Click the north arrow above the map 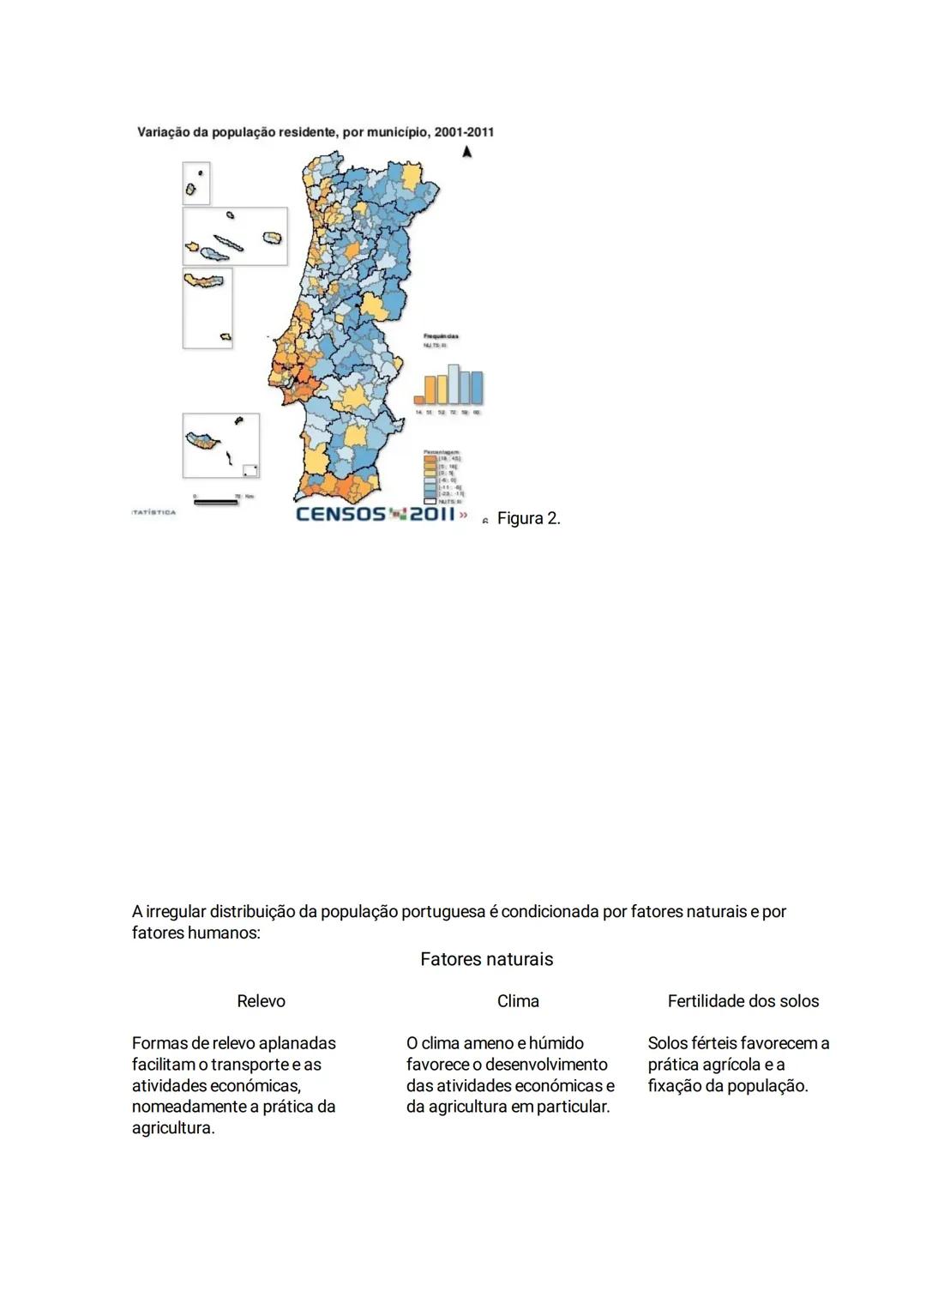pos(466,152)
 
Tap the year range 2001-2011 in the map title pos(464,132)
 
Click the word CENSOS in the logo pos(340,514)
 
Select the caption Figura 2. pos(528,518)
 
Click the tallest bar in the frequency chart pos(454,384)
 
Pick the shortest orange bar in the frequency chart pos(419,399)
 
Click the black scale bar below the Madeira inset pos(216,503)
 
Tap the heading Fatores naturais pos(486,959)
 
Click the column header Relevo pos(261,1001)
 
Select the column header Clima pos(518,1001)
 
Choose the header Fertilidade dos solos pos(743,1001)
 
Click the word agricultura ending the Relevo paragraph pos(171,1128)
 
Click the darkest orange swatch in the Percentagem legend pos(430,459)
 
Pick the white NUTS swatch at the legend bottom pos(430,501)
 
